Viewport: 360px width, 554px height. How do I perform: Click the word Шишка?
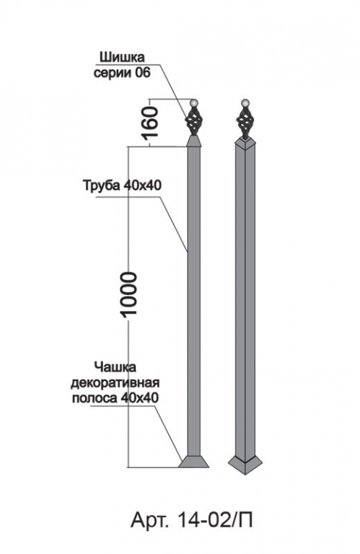click(x=123, y=57)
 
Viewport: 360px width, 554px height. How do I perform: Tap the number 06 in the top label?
click(x=143, y=73)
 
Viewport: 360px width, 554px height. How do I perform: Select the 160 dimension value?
click(x=151, y=122)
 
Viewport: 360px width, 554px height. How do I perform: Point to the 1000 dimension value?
click(x=128, y=294)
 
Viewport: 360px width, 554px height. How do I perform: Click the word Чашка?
click(x=115, y=367)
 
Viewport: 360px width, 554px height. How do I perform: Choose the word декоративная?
click(x=116, y=382)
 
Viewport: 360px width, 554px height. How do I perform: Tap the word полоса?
click(x=95, y=398)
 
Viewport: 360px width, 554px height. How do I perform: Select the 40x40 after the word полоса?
click(x=139, y=398)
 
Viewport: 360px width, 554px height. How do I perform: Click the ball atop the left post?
click(x=193, y=103)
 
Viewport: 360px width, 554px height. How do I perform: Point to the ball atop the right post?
click(x=245, y=103)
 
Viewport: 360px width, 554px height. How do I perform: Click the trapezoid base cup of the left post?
click(x=193, y=462)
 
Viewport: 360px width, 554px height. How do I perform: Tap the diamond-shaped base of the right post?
click(x=245, y=465)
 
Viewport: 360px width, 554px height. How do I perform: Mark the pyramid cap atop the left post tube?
click(x=193, y=141)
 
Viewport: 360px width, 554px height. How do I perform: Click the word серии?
click(x=112, y=74)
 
